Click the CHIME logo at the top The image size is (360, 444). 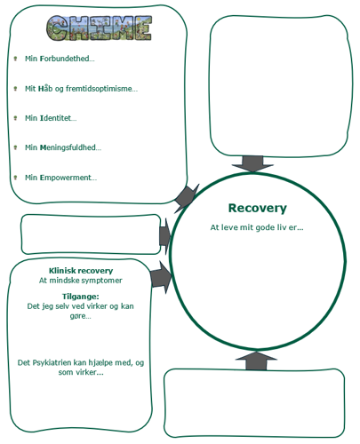click(100, 28)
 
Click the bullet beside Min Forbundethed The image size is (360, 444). click(15, 59)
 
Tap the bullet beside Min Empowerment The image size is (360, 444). click(15, 178)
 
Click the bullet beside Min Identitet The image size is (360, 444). click(15, 118)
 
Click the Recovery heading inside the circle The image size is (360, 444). click(258, 208)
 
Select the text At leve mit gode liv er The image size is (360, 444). click(257, 227)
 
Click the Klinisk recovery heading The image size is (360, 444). click(81, 271)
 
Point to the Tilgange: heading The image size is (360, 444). click(81, 297)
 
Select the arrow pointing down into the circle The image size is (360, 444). click(252, 163)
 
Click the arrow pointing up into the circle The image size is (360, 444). click(256, 361)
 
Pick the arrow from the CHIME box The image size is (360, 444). click(186, 198)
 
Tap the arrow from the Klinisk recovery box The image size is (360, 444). click(161, 278)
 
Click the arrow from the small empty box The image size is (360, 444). click(165, 236)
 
